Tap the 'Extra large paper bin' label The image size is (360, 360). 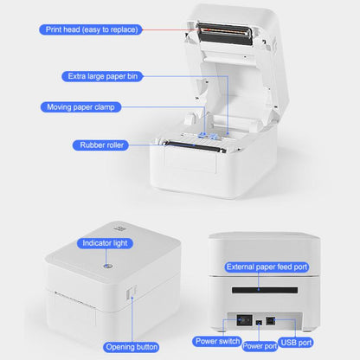[102, 76]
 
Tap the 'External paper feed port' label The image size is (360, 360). [266, 267]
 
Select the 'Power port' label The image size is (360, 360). [260, 346]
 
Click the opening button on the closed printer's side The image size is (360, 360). [132, 297]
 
